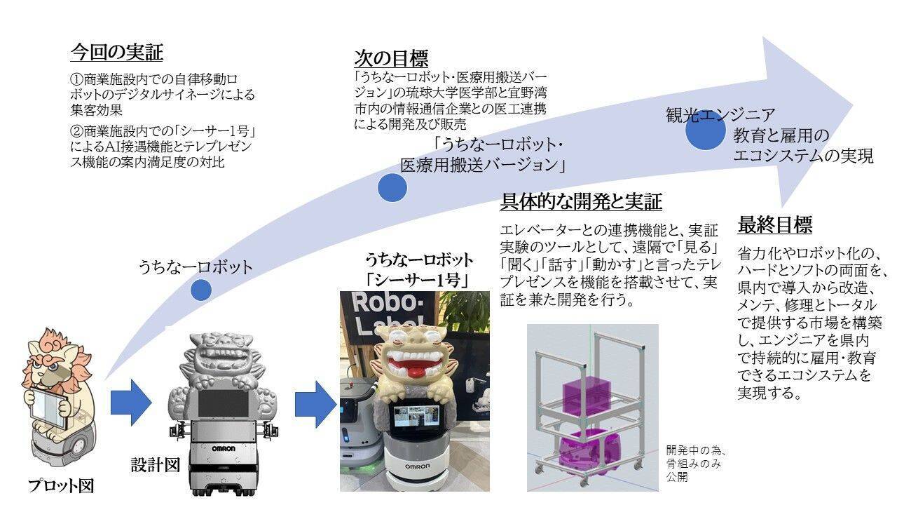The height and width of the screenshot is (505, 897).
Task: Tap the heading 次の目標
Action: (391, 58)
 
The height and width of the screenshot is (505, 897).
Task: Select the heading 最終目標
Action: (774, 225)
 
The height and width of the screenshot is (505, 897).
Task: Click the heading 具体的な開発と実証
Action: (581, 203)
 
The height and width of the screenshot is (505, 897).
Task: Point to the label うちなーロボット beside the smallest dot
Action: (195, 267)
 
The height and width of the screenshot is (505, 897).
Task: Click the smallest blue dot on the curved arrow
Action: (201, 290)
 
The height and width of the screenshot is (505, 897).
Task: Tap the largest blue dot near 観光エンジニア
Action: (705, 134)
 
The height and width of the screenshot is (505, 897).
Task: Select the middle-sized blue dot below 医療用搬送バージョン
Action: (392, 187)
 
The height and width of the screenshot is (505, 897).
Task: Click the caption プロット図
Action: (61, 485)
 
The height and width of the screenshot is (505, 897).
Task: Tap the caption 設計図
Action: (156, 464)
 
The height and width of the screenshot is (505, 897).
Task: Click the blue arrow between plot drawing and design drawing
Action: (130, 403)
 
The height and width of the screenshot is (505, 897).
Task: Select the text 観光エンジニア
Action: (720, 115)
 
